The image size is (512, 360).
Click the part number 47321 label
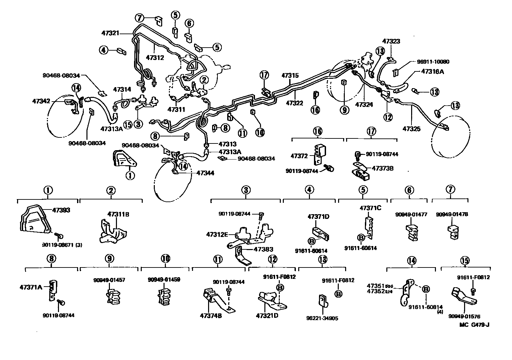point(110,33)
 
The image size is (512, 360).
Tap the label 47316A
point(433,71)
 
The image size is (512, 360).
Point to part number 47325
point(411,128)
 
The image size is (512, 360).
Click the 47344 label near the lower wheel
point(205,173)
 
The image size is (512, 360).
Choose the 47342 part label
point(41,101)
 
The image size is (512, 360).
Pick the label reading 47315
point(290,76)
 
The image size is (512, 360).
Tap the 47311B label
point(118,214)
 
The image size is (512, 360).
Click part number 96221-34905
point(322,318)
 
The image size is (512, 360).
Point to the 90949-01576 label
point(464,316)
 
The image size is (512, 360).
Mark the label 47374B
point(211,316)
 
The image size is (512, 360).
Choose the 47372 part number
point(299,156)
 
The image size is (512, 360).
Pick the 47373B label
point(382,168)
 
